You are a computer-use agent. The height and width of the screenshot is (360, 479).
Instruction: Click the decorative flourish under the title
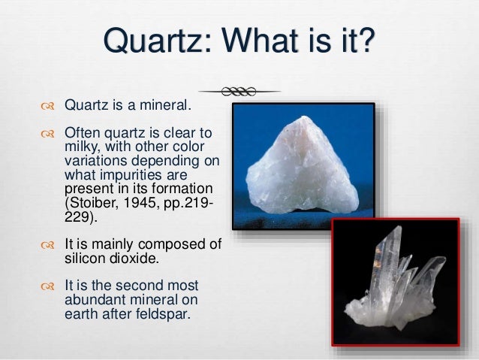(x=239, y=91)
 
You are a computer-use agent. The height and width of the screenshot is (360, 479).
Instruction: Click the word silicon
(x=83, y=258)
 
